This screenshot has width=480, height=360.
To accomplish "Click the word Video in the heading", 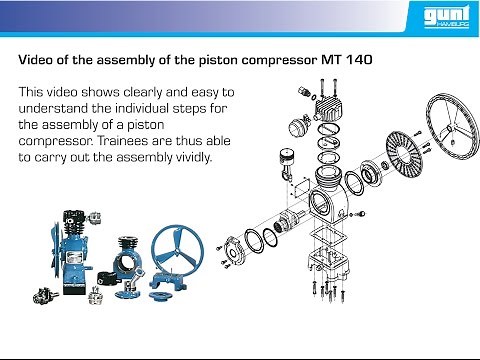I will tap(39, 58).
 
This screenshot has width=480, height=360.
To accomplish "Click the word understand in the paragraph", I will tap(55, 107).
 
